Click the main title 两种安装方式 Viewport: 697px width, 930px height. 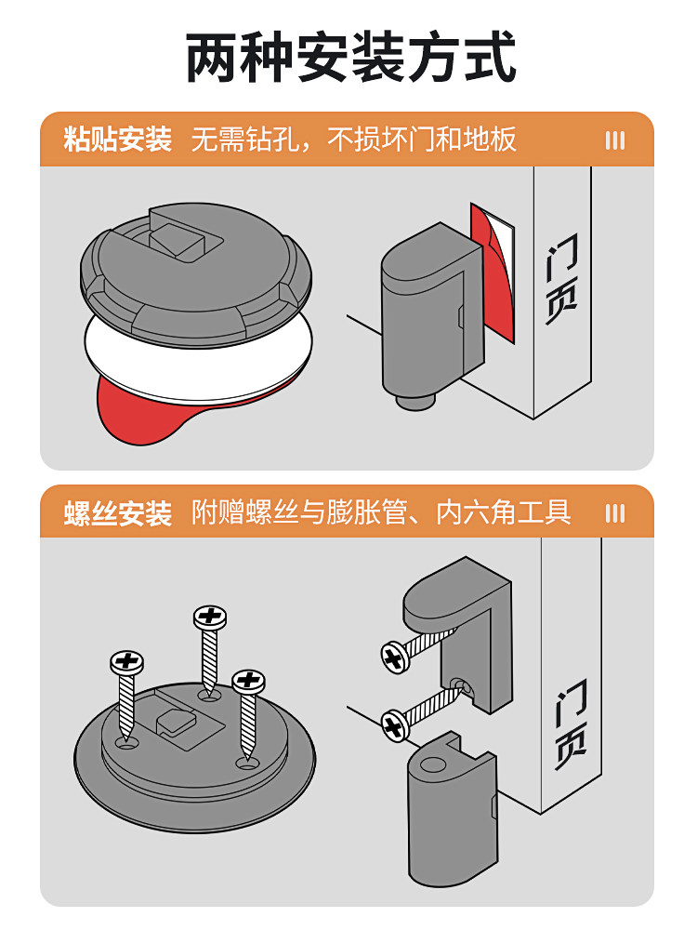click(x=349, y=59)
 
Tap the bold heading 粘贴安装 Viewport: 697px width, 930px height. click(x=118, y=139)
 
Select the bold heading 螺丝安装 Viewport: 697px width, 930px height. click(x=118, y=512)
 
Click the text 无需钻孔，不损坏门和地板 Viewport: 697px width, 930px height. click(x=353, y=139)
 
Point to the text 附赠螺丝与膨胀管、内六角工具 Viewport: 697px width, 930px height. click(x=381, y=512)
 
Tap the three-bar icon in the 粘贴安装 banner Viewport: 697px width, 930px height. click(x=614, y=140)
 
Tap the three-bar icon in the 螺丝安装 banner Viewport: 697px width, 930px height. click(x=614, y=513)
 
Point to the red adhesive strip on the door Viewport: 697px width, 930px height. click(x=493, y=279)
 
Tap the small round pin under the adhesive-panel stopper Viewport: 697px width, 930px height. click(x=415, y=402)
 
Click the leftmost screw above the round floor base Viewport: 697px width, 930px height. click(x=126, y=693)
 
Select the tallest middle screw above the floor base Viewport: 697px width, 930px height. click(x=210, y=646)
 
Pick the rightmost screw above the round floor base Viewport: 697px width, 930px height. click(x=248, y=711)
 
